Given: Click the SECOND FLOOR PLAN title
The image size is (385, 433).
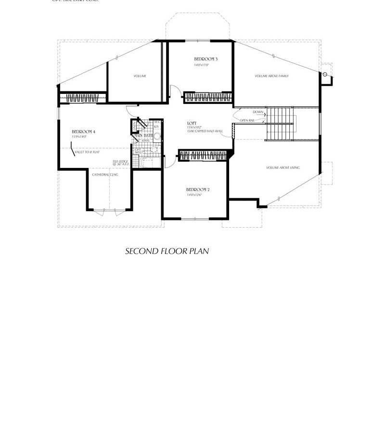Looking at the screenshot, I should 167,251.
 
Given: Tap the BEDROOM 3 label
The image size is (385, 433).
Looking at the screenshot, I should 206,59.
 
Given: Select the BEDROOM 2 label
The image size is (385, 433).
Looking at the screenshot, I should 198,190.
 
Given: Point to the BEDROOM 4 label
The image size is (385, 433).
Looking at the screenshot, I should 84,132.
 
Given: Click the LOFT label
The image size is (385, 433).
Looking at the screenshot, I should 192,123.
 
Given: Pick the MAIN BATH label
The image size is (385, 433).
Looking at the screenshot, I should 143,136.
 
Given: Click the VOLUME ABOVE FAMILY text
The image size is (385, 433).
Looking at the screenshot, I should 272,76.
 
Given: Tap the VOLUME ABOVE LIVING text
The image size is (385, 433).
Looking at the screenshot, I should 283,167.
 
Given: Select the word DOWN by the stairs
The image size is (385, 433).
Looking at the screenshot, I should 258,112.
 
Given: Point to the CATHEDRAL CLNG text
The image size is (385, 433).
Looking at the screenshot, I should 105,175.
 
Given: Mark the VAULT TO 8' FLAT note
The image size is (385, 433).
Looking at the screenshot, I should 87,152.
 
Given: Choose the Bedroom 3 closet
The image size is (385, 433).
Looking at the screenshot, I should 208,97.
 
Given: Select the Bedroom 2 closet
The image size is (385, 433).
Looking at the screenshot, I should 203,155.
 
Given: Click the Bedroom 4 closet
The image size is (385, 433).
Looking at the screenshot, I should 82,98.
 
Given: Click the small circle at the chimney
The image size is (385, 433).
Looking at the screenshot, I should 325,74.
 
